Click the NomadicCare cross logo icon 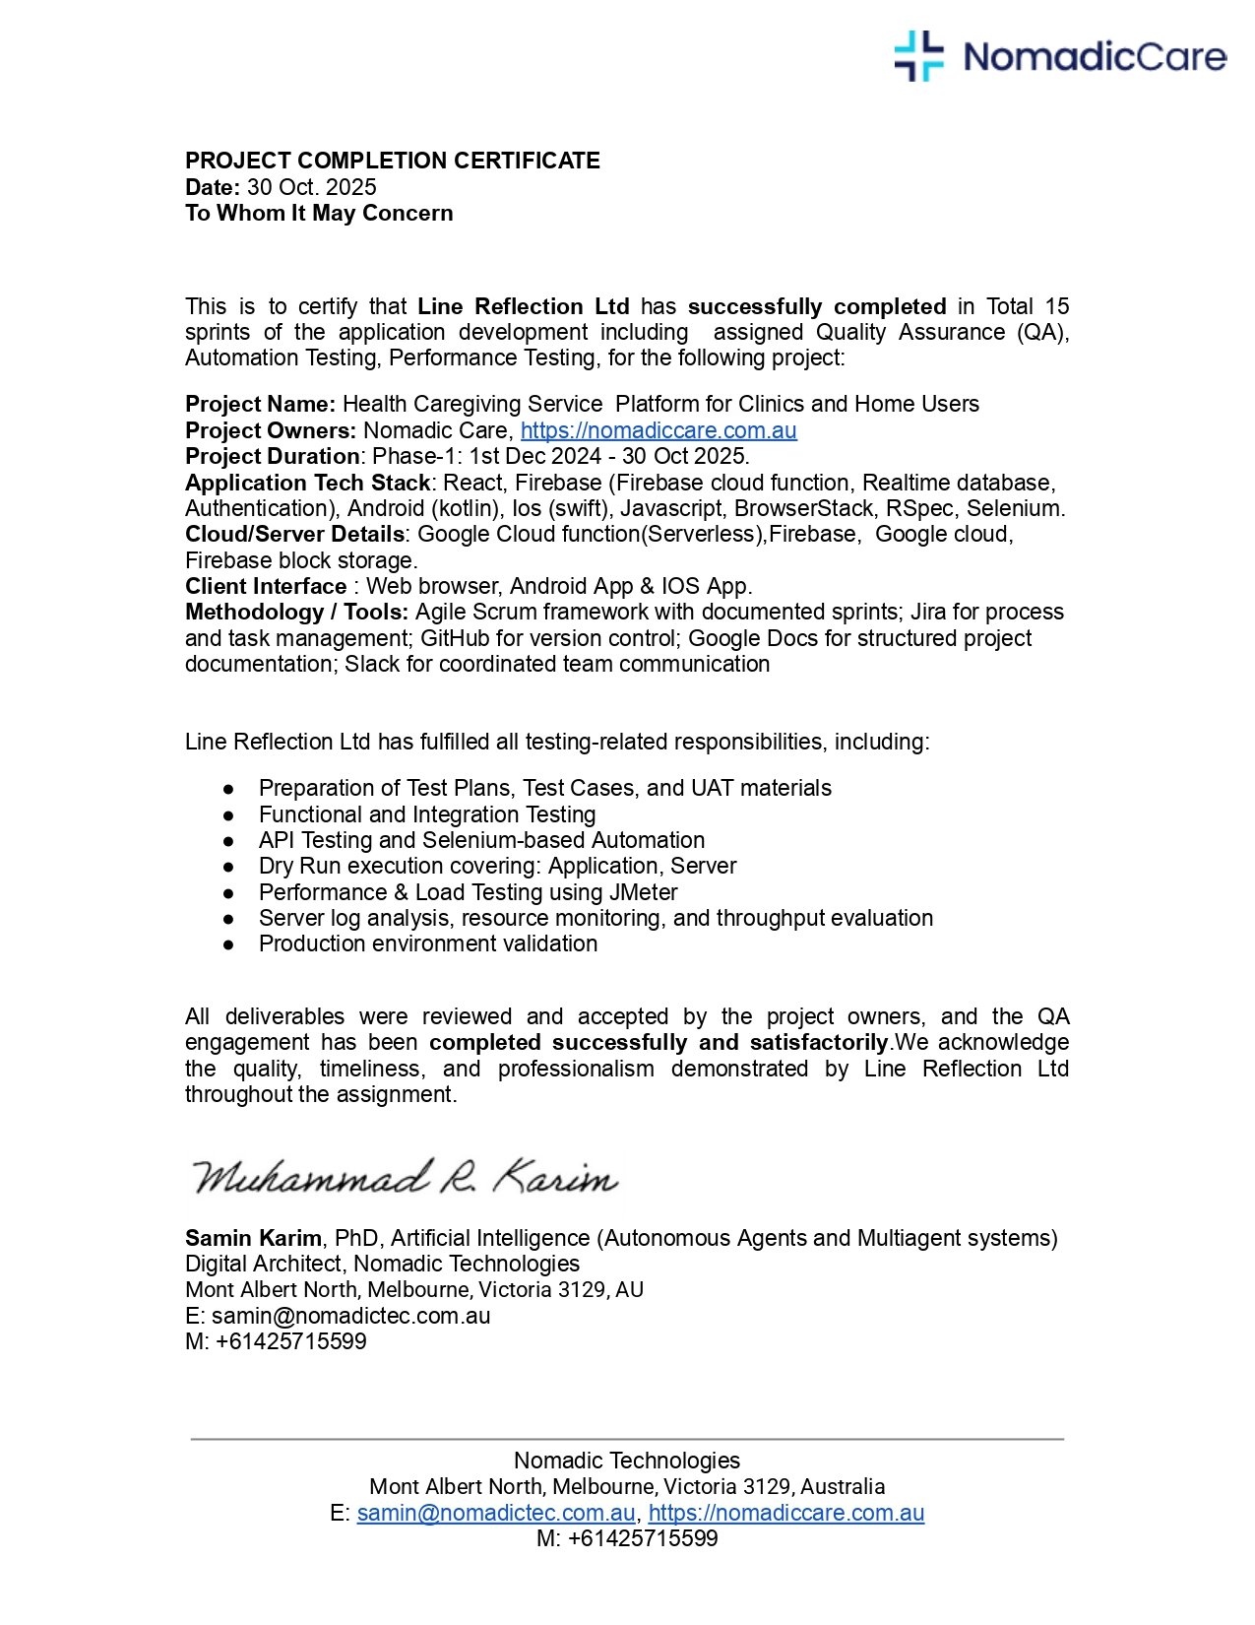[918, 56]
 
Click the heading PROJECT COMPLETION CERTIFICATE [392, 161]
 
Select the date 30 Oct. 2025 [311, 187]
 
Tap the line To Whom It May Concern [319, 213]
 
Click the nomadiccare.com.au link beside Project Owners [658, 430]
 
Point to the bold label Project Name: [260, 404]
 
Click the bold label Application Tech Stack [307, 483]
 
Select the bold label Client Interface [266, 586]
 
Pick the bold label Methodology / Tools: [296, 612]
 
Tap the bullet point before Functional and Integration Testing [228, 815]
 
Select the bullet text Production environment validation [427, 943]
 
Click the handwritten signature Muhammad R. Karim [404, 1178]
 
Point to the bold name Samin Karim [253, 1238]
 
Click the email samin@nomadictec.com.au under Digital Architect [350, 1316]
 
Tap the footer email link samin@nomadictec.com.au [496, 1513]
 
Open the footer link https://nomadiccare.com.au [785, 1513]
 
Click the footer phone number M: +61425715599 [627, 1538]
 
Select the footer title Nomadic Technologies [627, 1461]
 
